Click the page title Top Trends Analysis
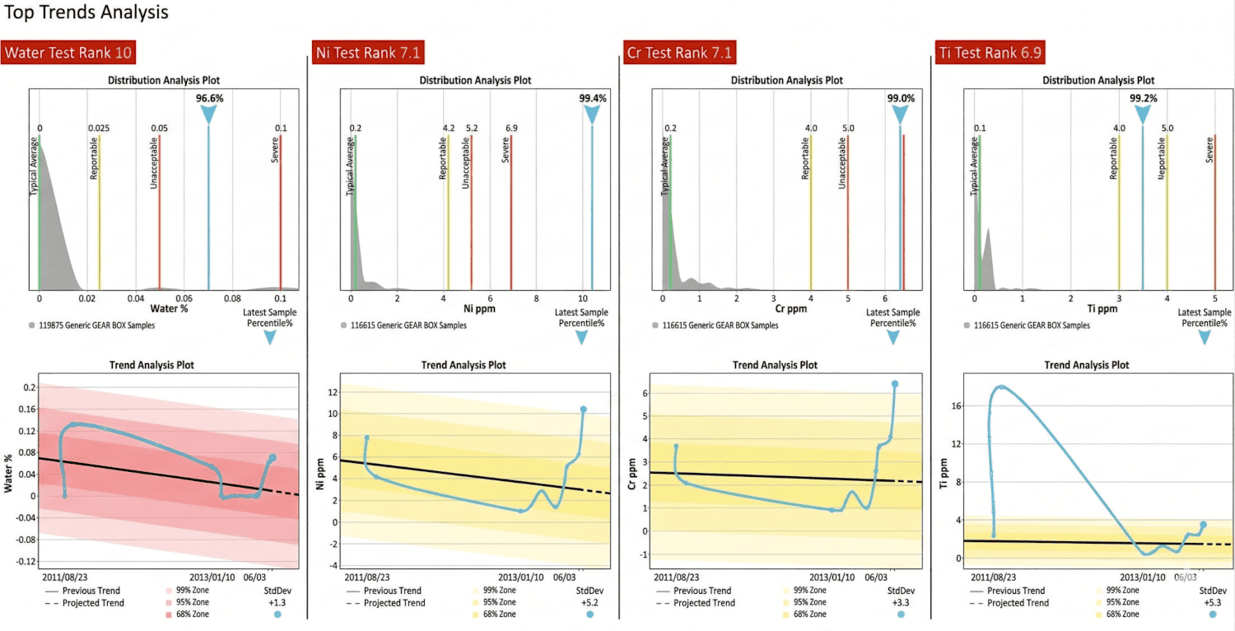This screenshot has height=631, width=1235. coord(87,13)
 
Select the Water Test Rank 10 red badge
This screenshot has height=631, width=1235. coord(68,54)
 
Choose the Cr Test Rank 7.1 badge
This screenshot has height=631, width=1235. coord(680,54)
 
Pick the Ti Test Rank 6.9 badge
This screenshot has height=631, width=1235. coord(991,54)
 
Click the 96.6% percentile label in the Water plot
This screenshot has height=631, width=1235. coord(209,98)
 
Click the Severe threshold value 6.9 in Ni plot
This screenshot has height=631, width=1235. coord(510,129)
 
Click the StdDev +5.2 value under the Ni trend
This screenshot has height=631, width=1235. coord(589,602)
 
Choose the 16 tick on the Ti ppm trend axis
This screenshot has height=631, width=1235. coord(956,405)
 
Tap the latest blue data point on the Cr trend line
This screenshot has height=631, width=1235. coord(894,384)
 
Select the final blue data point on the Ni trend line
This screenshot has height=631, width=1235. coord(584,409)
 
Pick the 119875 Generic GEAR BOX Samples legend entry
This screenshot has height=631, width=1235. coord(108,325)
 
